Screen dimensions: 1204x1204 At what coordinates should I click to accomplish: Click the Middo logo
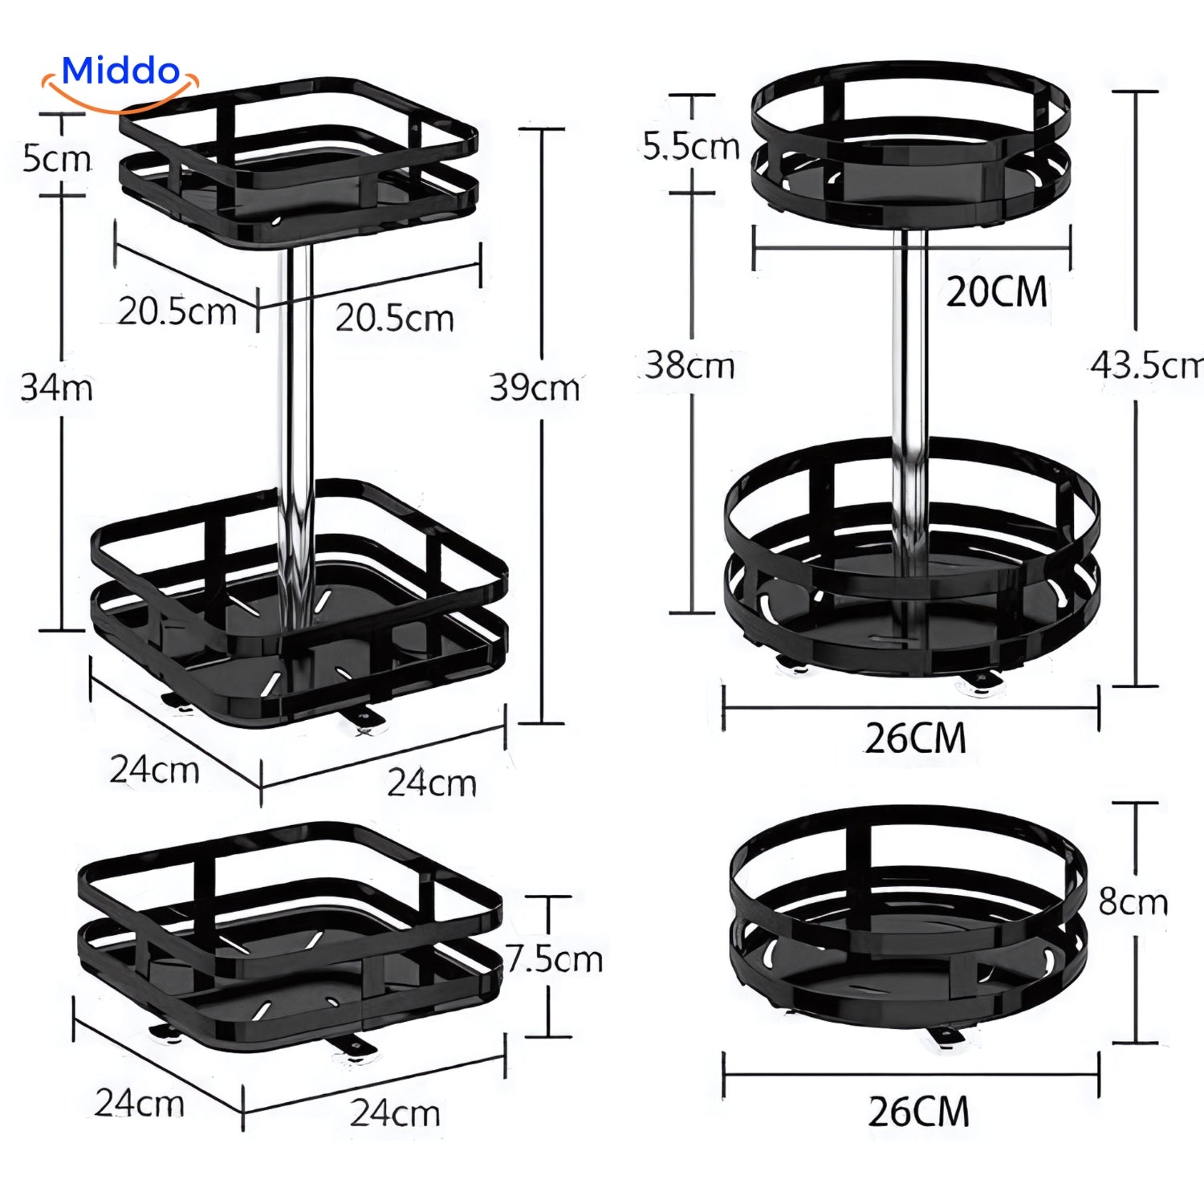click(x=120, y=80)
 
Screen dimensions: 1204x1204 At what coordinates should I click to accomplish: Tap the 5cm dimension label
click(x=57, y=158)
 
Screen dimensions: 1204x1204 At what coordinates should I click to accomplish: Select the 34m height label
click(x=57, y=388)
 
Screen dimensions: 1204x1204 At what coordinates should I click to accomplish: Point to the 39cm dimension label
click(x=535, y=388)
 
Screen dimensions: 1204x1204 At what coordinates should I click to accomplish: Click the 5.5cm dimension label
click(x=691, y=146)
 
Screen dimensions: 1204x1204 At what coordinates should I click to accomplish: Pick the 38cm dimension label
click(x=690, y=365)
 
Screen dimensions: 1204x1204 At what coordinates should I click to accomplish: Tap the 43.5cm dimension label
click(x=1147, y=365)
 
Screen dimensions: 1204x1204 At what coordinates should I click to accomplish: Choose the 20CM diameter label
click(x=997, y=291)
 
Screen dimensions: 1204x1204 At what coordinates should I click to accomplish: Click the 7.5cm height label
click(x=555, y=958)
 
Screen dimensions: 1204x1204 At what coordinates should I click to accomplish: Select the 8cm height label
click(x=1133, y=902)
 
